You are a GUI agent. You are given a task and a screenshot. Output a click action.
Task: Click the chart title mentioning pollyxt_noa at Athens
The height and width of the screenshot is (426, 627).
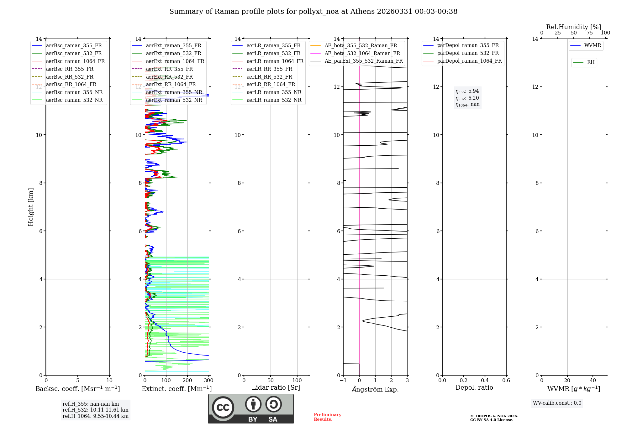(x=313, y=12)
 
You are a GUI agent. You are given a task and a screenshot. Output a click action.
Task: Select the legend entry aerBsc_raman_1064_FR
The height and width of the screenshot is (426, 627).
(x=75, y=61)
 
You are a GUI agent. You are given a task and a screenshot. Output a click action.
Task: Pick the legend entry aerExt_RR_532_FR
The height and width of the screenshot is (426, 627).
(x=169, y=77)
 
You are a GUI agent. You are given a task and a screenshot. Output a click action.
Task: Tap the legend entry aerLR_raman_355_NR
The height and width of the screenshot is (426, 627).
(x=274, y=92)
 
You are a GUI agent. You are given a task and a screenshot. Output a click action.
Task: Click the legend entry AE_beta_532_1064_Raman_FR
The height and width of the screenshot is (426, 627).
(x=362, y=53)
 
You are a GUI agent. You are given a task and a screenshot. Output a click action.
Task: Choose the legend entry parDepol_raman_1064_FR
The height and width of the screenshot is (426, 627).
(x=469, y=61)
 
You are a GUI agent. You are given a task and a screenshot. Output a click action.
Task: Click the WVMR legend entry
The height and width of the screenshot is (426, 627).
(x=593, y=45)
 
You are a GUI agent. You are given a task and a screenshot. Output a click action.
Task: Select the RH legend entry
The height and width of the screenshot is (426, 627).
(x=591, y=62)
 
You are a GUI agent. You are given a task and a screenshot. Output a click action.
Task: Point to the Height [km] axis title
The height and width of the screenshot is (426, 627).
(x=31, y=207)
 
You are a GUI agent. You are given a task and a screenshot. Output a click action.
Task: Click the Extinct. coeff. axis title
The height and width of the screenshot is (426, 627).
(x=177, y=389)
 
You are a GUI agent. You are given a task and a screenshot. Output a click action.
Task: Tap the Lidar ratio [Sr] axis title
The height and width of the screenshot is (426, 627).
(x=276, y=387)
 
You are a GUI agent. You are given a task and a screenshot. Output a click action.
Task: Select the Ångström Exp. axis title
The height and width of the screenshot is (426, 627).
(x=375, y=389)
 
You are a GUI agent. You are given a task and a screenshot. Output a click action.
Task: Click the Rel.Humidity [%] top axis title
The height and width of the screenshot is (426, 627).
(x=573, y=27)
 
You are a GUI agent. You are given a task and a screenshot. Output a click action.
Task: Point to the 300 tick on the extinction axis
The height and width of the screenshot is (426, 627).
(x=208, y=381)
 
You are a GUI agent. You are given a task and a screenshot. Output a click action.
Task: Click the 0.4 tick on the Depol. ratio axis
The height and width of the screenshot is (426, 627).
(x=485, y=381)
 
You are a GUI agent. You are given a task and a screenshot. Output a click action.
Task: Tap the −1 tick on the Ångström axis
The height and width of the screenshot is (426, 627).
(x=343, y=381)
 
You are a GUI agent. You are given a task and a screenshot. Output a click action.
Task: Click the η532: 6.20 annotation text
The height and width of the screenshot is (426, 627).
(x=467, y=98)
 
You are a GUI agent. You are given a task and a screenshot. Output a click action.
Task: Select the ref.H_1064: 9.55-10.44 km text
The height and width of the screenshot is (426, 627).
(x=95, y=416)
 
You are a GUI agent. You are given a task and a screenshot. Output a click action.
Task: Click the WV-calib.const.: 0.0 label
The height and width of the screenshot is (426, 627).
(x=557, y=403)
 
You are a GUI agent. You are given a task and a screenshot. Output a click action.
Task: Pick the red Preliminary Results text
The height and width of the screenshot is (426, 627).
(x=327, y=417)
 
